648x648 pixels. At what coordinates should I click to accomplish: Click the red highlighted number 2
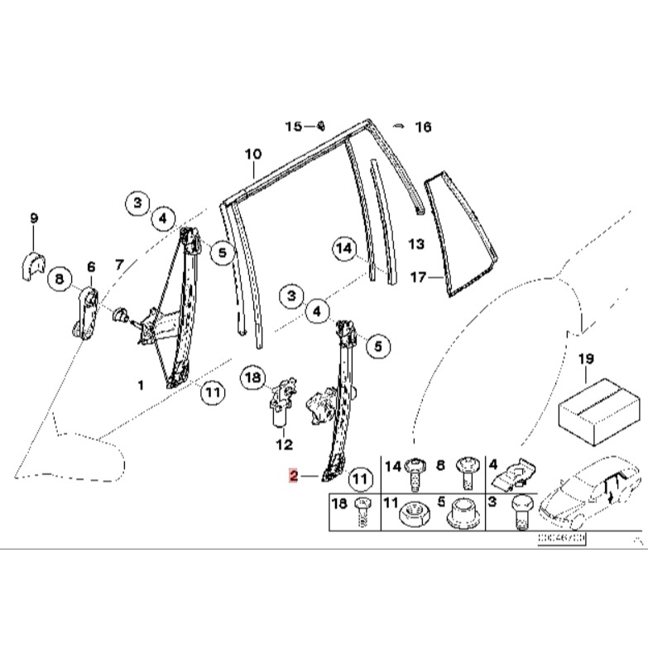(x=293, y=476)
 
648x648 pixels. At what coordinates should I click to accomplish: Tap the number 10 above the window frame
(x=252, y=154)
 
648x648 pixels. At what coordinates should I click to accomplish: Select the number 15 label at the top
(x=294, y=127)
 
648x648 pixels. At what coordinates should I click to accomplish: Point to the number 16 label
(x=423, y=127)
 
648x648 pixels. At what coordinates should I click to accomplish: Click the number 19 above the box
(x=586, y=359)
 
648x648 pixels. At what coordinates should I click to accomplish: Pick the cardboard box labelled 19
(x=598, y=410)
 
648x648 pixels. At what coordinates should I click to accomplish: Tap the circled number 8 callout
(x=59, y=280)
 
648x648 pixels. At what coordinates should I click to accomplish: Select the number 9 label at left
(x=34, y=218)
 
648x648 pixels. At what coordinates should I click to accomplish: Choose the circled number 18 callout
(x=254, y=378)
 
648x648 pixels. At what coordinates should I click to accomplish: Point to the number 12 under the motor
(x=284, y=445)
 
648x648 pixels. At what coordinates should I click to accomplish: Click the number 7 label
(x=120, y=266)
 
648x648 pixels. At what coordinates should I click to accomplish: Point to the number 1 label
(x=140, y=385)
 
